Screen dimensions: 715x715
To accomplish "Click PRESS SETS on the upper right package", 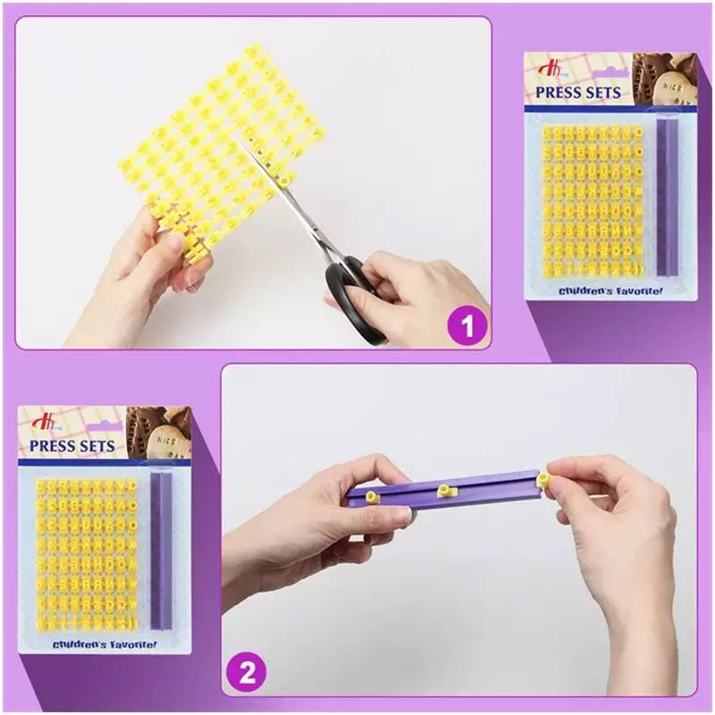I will (x=578, y=92).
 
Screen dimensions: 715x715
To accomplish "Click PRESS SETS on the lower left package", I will (x=72, y=445).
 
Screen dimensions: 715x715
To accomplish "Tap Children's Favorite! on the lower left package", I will (x=105, y=643).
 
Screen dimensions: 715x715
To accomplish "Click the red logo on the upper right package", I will (x=546, y=68).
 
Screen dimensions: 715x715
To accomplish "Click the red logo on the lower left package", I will (x=40, y=420).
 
